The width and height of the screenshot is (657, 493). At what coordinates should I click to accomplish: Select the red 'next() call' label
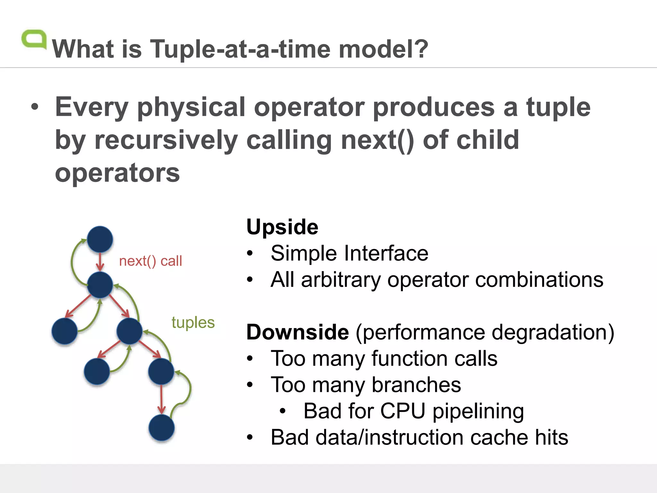(150, 261)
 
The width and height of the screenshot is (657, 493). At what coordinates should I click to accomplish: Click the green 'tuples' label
(193, 322)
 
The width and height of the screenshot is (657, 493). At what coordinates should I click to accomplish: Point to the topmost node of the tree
(100, 239)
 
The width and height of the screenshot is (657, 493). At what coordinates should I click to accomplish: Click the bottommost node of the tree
(161, 428)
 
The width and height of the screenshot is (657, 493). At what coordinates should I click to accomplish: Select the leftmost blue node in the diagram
(64, 331)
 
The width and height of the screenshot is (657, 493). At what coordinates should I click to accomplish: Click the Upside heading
(282, 227)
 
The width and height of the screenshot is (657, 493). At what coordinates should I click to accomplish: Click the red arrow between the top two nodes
(100, 262)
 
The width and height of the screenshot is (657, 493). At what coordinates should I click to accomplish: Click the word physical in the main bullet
(191, 107)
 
